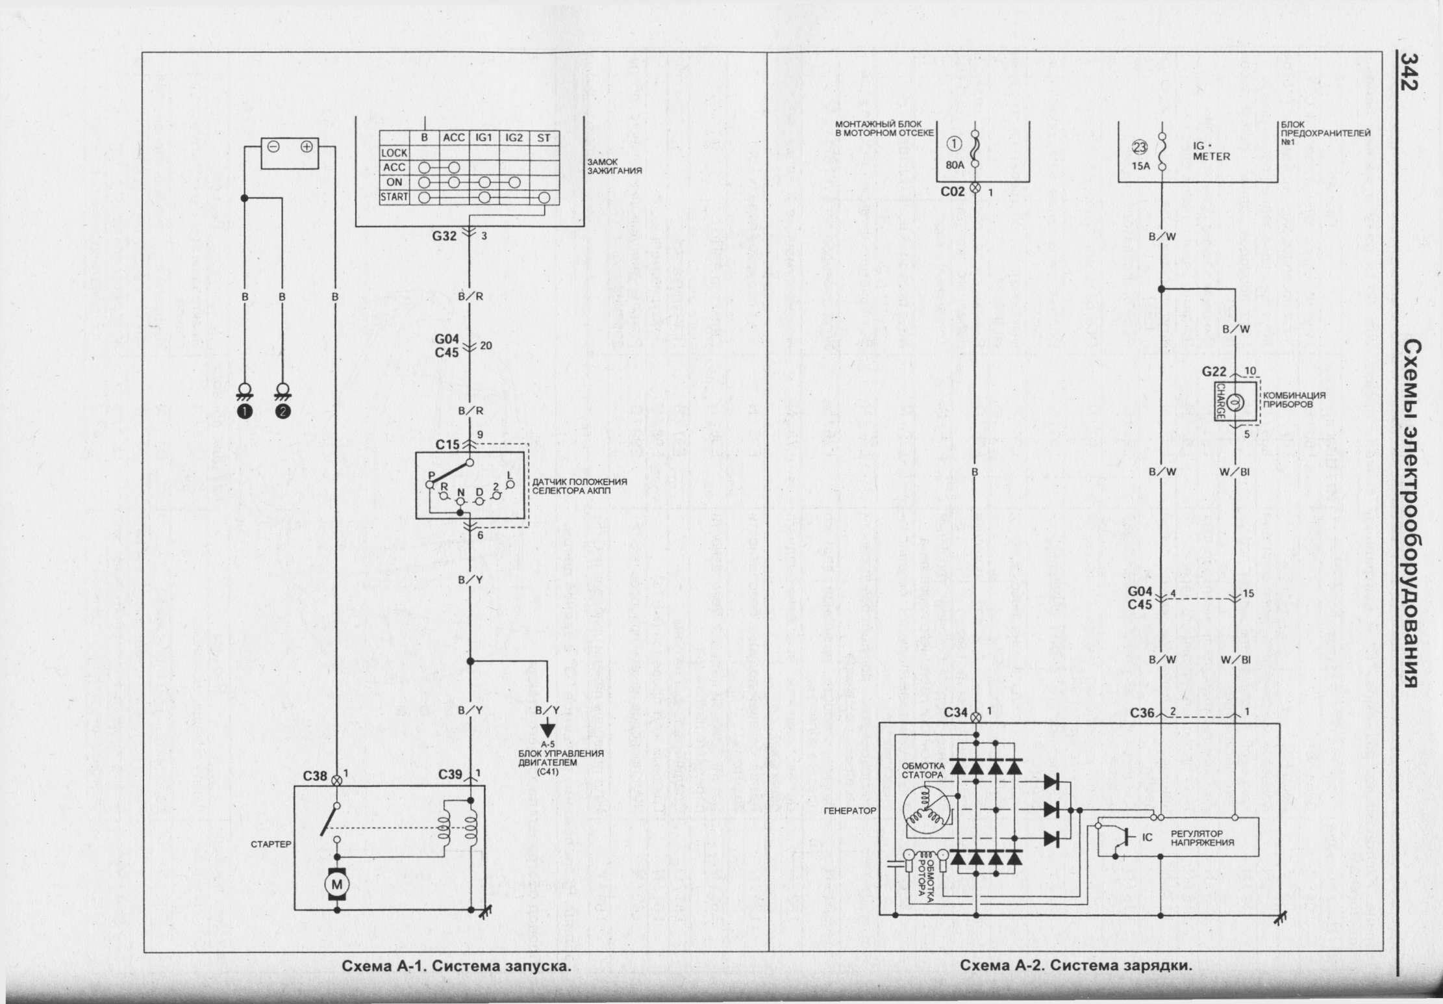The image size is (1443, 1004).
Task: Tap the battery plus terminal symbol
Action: click(307, 146)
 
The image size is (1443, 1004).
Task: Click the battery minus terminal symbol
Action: click(273, 146)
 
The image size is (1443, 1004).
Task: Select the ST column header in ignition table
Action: click(544, 138)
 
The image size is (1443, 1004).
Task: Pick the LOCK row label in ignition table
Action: click(394, 153)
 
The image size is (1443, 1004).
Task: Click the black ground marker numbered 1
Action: click(245, 411)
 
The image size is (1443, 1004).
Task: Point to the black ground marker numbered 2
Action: click(283, 411)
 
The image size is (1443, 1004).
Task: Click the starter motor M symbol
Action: click(336, 884)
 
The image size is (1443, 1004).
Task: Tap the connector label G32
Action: click(445, 236)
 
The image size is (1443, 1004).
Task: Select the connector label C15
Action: click(447, 445)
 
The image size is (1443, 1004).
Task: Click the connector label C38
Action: click(315, 776)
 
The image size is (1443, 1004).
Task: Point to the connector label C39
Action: click(450, 775)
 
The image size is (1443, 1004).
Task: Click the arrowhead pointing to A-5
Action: click(548, 729)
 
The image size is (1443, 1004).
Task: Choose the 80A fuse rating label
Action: click(955, 166)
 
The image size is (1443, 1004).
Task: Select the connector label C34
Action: click(957, 713)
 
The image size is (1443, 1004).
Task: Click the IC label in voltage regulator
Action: click(1147, 838)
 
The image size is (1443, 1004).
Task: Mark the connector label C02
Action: click(953, 192)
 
